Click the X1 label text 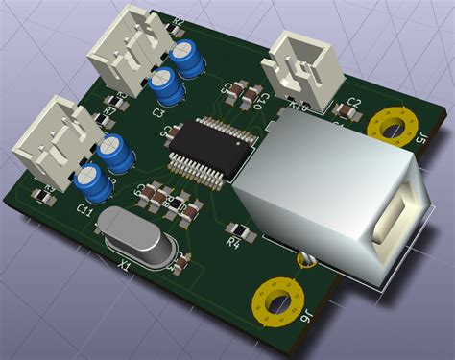tap(124, 260)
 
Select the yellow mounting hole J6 tap(275, 300)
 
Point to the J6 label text tap(305, 324)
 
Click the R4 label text tap(231, 243)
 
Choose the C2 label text tap(352, 102)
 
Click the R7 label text tap(109, 109)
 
